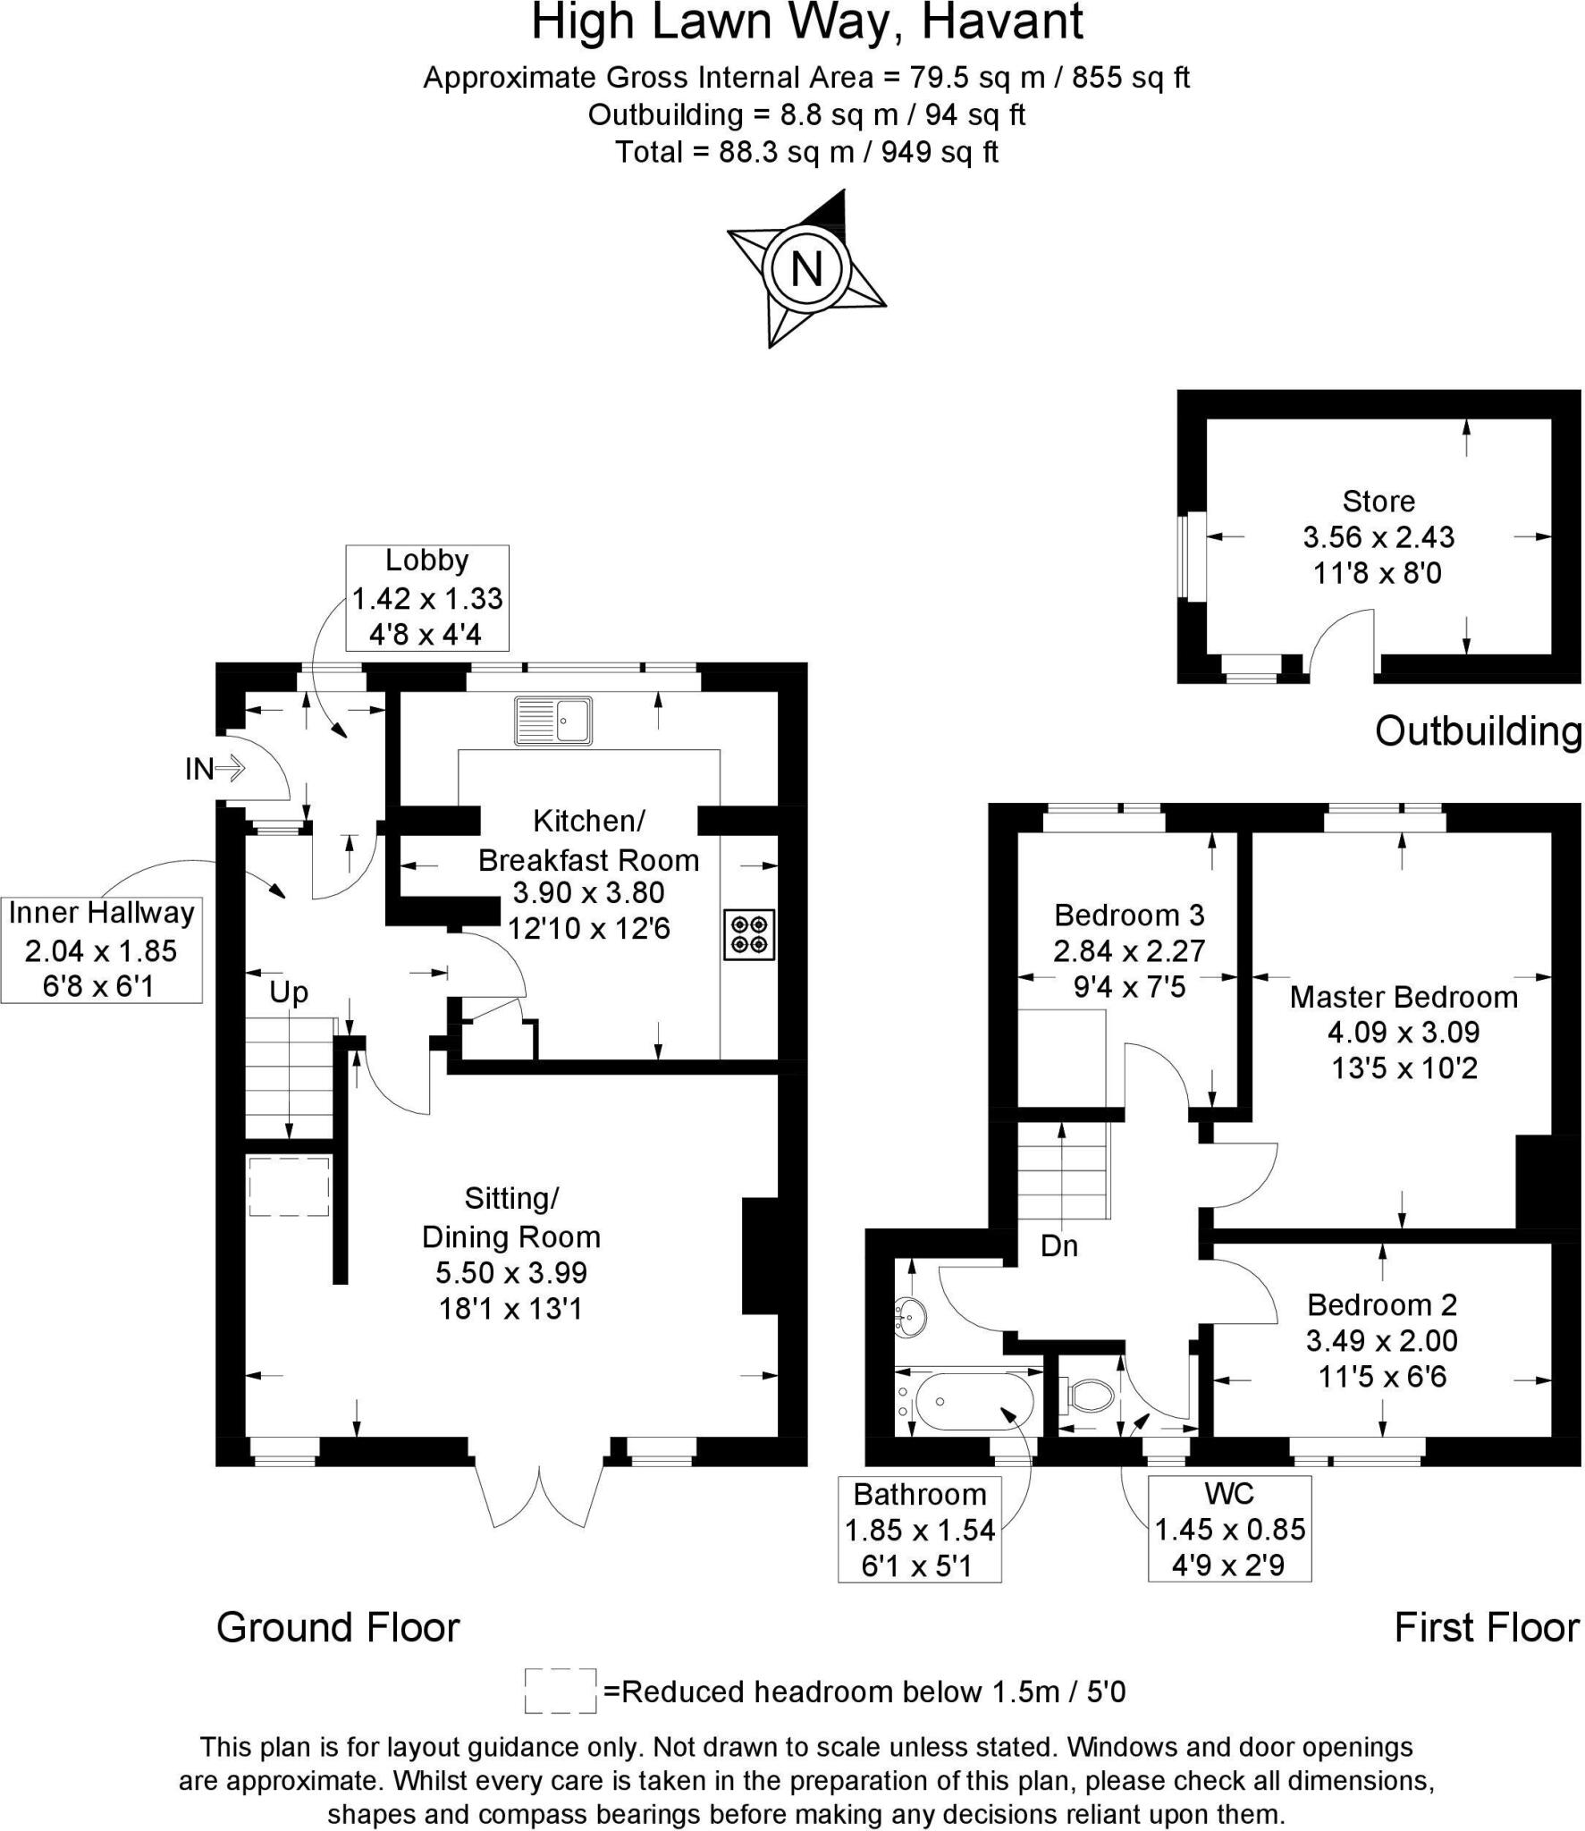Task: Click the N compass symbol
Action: (806, 267)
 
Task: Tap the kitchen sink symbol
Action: (553, 721)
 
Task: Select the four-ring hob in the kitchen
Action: (749, 934)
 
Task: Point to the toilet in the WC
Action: (1089, 1393)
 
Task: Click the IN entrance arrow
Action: (215, 768)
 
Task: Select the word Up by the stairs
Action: (289, 992)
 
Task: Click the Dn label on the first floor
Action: (1059, 1245)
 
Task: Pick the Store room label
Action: (1378, 501)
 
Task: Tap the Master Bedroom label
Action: (1404, 997)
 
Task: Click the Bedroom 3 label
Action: (1129, 915)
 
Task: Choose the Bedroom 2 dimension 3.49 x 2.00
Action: (1382, 1341)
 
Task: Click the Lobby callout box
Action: (427, 597)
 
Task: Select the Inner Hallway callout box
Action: (101, 949)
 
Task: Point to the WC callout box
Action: (1229, 1529)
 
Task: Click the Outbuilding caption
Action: (1477, 731)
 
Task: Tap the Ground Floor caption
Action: (338, 1627)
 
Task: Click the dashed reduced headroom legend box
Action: (561, 1691)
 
